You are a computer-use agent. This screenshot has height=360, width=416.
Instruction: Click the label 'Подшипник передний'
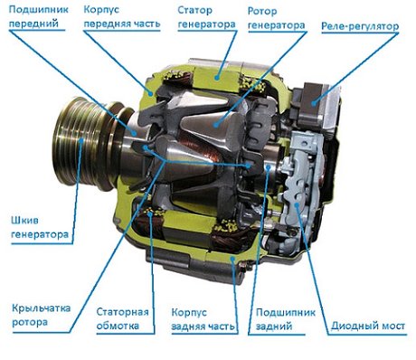tap(39, 16)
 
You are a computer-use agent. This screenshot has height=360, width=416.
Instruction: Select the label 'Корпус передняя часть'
tap(122, 16)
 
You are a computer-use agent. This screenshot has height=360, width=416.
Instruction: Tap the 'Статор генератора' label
tap(206, 17)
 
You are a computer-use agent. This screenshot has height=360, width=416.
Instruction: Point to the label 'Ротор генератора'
tap(276, 18)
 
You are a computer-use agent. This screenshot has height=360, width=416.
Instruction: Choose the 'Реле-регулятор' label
tap(360, 26)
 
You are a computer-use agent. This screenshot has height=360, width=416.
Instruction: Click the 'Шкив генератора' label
tap(40, 227)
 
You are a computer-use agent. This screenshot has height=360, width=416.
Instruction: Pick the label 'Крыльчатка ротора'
tap(42, 315)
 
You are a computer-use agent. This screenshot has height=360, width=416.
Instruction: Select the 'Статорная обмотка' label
tap(122, 318)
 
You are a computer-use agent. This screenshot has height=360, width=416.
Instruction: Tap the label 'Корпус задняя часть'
tap(203, 319)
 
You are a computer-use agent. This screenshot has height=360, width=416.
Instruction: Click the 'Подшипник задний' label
tap(286, 319)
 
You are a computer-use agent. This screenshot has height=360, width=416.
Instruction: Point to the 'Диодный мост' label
tap(368, 326)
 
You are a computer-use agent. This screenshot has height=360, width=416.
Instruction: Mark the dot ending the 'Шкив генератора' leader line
tap(81, 140)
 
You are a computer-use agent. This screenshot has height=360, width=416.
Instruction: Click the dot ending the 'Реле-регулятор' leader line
tap(314, 104)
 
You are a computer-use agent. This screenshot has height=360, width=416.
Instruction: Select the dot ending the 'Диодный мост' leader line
tap(297, 204)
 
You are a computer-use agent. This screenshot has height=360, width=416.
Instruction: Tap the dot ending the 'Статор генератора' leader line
tap(216, 78)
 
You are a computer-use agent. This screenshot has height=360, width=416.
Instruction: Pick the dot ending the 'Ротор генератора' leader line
tap(215, 124)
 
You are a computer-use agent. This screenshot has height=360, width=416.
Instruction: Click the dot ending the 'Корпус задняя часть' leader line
tap(232, 258)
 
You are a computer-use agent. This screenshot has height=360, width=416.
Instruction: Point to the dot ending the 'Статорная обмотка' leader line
tap(149, 213)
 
